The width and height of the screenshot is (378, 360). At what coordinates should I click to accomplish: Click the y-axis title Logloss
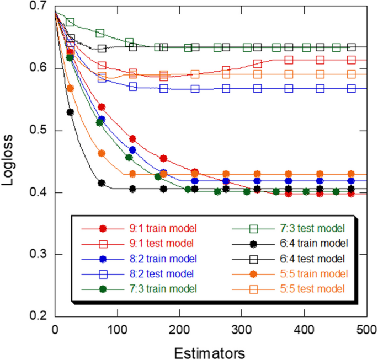12,161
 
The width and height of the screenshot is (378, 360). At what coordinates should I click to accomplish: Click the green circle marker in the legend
102,288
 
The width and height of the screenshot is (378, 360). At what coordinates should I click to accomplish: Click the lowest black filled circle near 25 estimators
70,112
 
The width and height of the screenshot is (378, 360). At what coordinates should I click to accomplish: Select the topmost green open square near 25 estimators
70,22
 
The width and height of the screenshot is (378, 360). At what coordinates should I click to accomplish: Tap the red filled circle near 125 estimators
132,139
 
